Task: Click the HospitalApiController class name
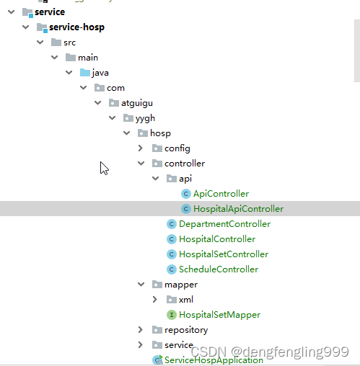238,209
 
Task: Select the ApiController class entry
221,194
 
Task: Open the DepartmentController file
224,224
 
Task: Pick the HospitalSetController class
224,254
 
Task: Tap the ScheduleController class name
219,269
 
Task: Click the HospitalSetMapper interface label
219,315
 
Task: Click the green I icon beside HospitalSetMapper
172,315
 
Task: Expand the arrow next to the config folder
141,148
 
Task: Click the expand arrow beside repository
141,330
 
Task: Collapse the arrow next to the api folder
156,179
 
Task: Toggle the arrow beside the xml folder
155,300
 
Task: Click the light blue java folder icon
85,72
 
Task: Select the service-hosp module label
76,27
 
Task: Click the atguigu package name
137,103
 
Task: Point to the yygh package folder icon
128,118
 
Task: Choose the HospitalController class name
217,239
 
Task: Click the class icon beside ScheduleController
172,269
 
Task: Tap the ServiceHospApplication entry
214,360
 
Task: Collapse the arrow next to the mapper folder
141,285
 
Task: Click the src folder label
70,43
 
